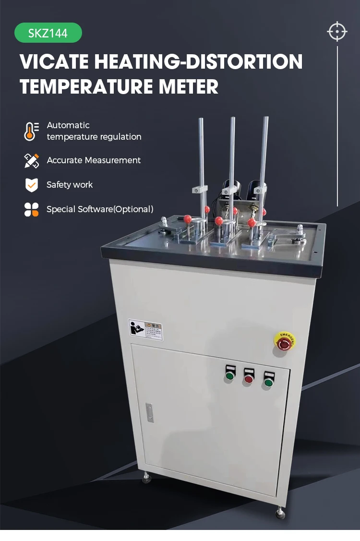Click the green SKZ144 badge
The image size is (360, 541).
tap(48, 33)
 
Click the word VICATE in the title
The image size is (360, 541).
tap(54, 62)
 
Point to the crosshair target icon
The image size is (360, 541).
tap(337, 32)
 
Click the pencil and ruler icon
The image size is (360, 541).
tap(31, 160)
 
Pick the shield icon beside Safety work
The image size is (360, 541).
tap(31, 185)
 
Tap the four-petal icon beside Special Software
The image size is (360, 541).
tap(31, 209)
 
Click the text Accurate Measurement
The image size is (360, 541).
tap(94, 160)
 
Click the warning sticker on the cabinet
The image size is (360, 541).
tap(146, 330)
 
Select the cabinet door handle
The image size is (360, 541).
tap(150, 413)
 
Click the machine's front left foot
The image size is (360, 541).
tap(146, 478)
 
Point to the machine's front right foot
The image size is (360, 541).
tap(280, 514)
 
